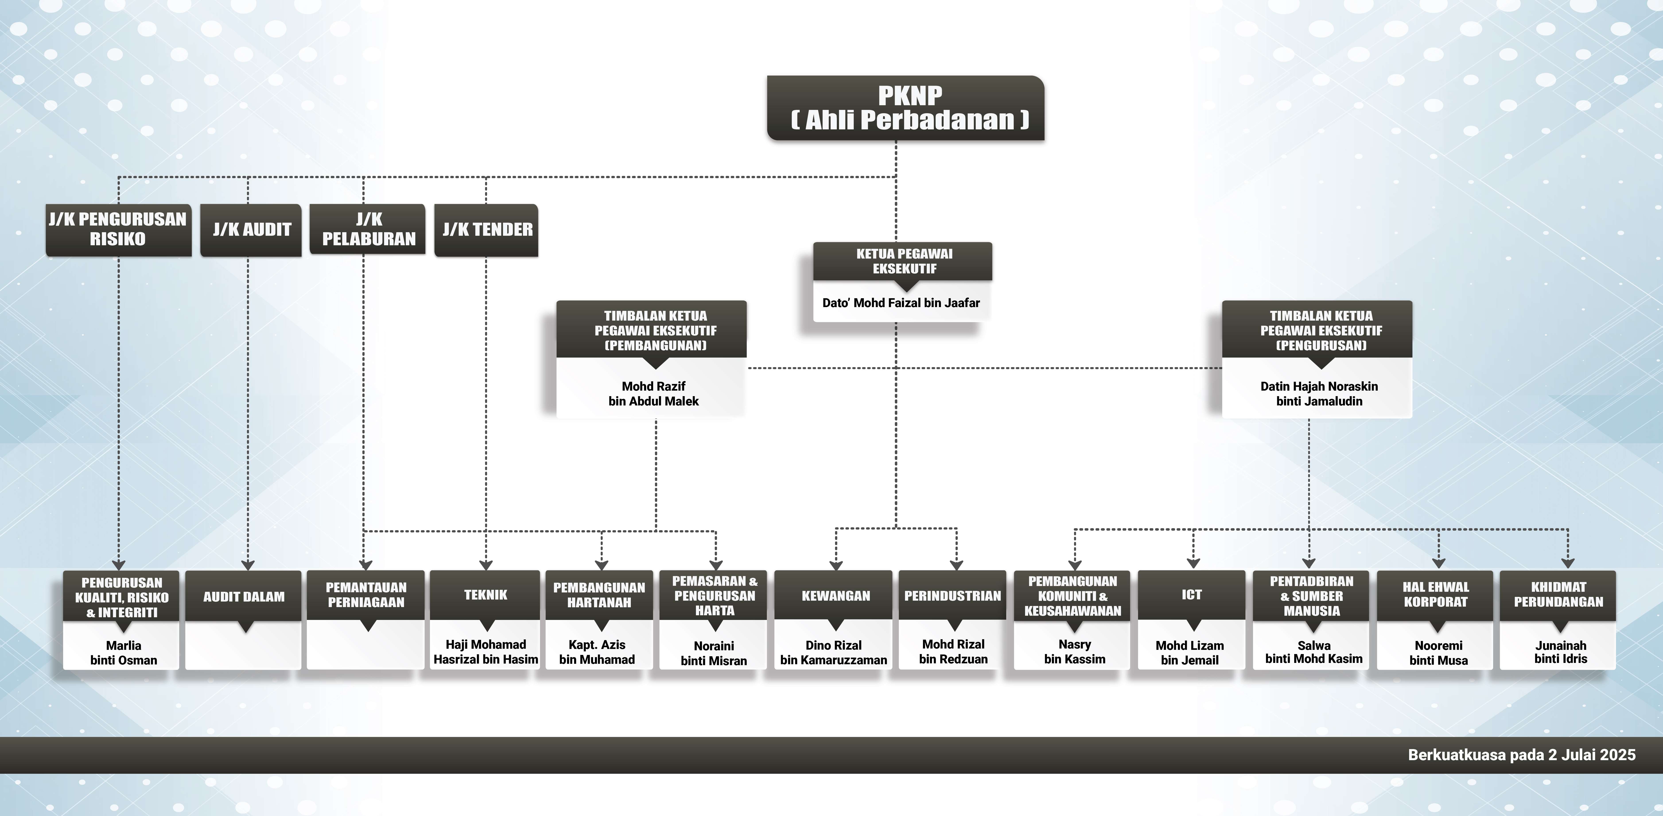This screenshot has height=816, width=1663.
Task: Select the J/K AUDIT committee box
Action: pyautogui.click(x=251, y=230)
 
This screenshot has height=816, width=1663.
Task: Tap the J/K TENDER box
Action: pyautogui.click(x=487, y=230)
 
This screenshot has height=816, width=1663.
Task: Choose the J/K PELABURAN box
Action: pyautogui.click(x=368, y=229)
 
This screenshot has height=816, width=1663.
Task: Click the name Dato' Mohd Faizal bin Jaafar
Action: pyautogui.click(x=901, y=303)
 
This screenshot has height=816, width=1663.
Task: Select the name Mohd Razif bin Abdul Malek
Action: pyautogui.click(x=653, y=393)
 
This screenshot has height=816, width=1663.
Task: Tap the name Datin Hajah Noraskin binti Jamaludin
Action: pyautogui.click(x=1319, y=393)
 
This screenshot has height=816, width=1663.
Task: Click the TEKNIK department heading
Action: pyautogui.click(x=486, y=595)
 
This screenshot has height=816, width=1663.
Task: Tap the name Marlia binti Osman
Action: pyautogui.click(x=123, y=652)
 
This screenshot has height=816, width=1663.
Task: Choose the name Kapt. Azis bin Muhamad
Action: pyautogui.click(x=597, y=651)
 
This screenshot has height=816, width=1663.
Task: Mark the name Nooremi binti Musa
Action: pyautogui.click(x=1438, y=652)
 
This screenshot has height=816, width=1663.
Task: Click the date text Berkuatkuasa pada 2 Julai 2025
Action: pyautogui.click(x=1522, y=755)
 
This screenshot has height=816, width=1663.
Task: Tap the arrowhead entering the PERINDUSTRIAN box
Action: pyautogui.click(x=956, y=565)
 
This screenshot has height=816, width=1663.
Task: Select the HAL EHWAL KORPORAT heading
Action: pyautogui.click(x=1436, y=594)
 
